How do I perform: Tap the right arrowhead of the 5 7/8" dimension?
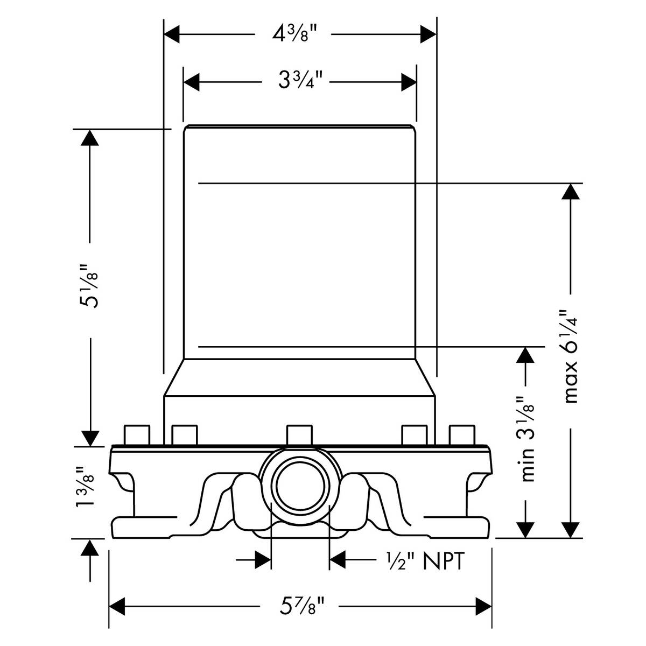coord(483,622)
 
